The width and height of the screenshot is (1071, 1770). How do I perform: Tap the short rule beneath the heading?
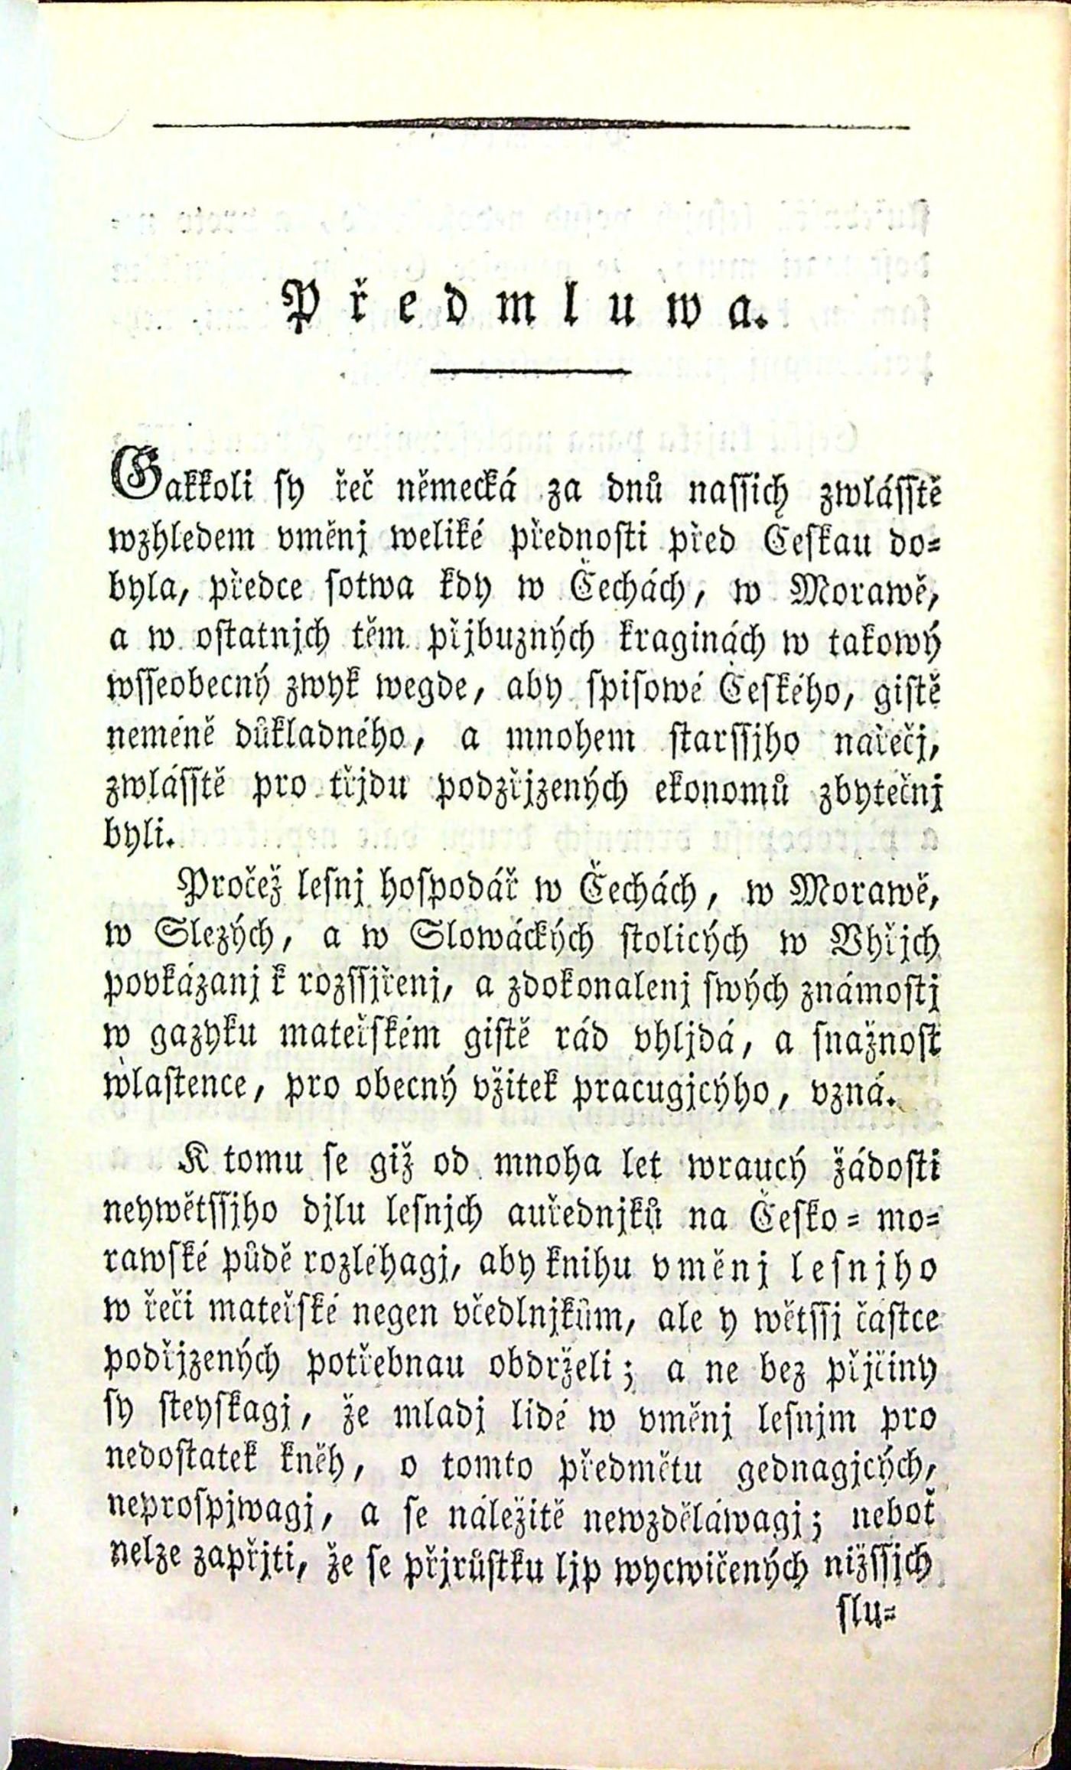(531, 373)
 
